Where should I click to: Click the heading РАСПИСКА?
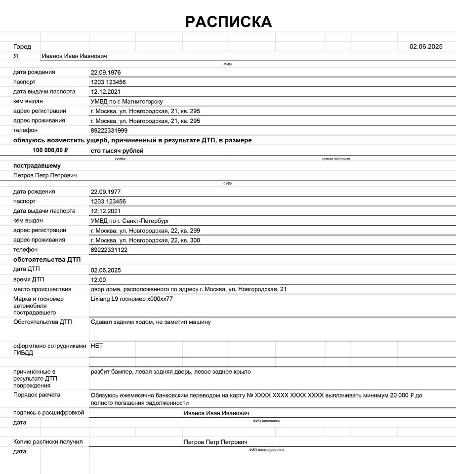point(228,22)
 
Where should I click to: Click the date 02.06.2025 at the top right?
point(426,46)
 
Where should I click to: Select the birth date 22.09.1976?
point(106,72)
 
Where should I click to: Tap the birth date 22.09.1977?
point(106,192)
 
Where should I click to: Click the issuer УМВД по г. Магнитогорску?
point(126,101)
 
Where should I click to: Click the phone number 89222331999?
point(109,130)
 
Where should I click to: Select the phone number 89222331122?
point(109,250)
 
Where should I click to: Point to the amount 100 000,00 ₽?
point(50,150)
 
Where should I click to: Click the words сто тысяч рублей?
point(117,151)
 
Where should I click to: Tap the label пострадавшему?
point(37,165)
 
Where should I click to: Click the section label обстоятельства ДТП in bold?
point(47,259)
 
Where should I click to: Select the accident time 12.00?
point(98,279)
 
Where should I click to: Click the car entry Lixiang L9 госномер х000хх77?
point(132,299)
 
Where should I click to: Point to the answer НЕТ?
point(97,346)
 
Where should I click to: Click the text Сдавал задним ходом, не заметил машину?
point(151,322)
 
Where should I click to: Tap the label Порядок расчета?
point(37,395)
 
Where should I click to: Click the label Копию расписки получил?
point(48,441)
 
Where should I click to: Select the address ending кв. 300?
point(145,240)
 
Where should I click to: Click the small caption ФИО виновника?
point(266,421)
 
